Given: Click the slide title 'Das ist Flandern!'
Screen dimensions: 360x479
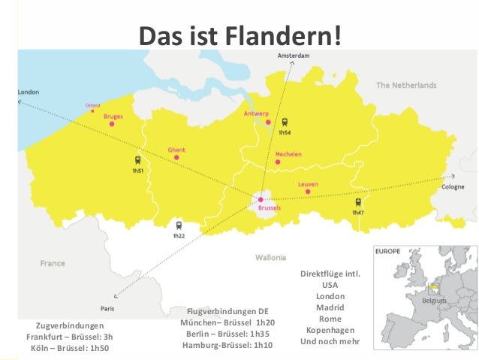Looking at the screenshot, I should click(x=240, y=34).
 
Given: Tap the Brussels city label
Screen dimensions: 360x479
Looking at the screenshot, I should click(x=269, y=208).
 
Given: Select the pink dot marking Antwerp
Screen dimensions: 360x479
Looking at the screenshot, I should click(x=268, y=122).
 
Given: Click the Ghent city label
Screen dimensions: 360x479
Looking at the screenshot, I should click(x=176, y=150).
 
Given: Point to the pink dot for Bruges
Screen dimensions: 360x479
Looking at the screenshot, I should click(x=112, y=124).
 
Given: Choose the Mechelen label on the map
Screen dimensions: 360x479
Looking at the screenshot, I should click(x=289, y=154).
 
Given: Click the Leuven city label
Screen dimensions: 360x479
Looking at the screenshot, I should click(x=308, y=184).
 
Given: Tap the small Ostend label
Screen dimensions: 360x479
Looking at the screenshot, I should click(x=92, y=106).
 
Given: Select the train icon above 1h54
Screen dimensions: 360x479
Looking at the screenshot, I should click(x=285, y=122).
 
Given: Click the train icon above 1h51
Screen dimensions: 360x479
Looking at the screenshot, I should click(x=137, y=160).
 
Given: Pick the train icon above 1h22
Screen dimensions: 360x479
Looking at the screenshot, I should click(x=178, y=225).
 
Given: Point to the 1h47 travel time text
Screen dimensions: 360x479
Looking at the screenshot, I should click(x=358, y=213).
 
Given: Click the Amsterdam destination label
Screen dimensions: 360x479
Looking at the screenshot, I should click(x=294, y=56).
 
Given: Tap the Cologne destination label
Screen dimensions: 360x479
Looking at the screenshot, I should click(x=453, y=186).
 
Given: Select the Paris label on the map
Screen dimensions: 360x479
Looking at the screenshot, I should click(x=107, y=308).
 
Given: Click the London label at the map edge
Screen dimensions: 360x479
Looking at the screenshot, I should click(x=29, y=92).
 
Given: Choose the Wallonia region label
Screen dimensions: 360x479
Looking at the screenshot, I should click(x=270, y=257).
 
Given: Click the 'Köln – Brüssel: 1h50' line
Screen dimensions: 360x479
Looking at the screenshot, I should click(x=70, y=348).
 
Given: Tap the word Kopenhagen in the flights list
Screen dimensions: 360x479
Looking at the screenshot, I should click(x=330, y=330).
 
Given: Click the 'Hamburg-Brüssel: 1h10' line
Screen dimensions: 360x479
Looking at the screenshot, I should click(x=227, y=345).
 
